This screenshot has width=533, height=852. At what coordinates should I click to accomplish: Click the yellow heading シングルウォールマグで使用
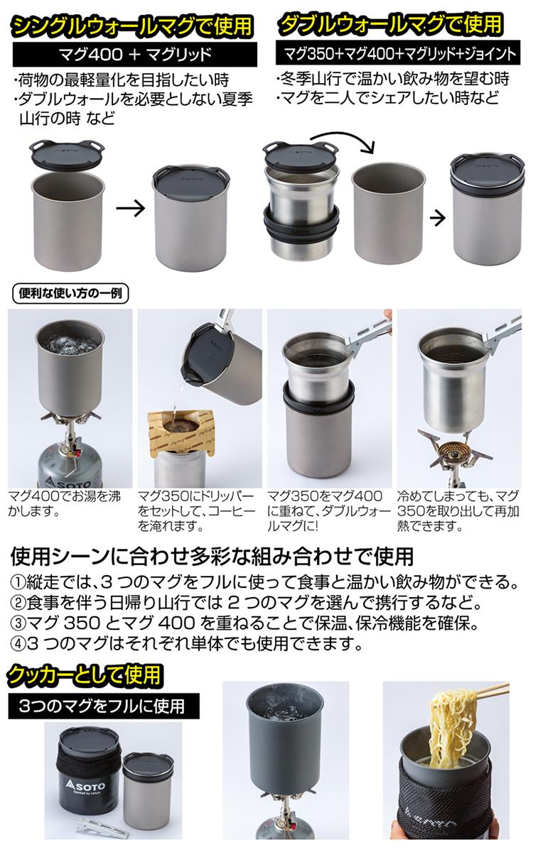coord(132,26)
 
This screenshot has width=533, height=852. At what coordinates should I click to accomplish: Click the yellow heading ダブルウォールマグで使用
coord(391,24)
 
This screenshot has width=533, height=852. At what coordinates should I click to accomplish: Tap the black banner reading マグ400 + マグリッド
coord(135,55)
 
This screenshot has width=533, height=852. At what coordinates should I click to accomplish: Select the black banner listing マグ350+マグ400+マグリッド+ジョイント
coord(399,54)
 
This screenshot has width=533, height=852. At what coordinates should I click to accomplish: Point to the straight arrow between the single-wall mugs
coord(131,208)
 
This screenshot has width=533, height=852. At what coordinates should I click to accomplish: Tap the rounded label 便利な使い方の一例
coord(70,294)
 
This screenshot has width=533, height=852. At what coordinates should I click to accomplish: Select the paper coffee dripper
coord(182,433)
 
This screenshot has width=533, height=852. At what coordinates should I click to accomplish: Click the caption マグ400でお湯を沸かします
coord(65,503)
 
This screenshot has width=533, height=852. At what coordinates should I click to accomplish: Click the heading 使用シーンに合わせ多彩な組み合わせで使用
coord(212,557)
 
